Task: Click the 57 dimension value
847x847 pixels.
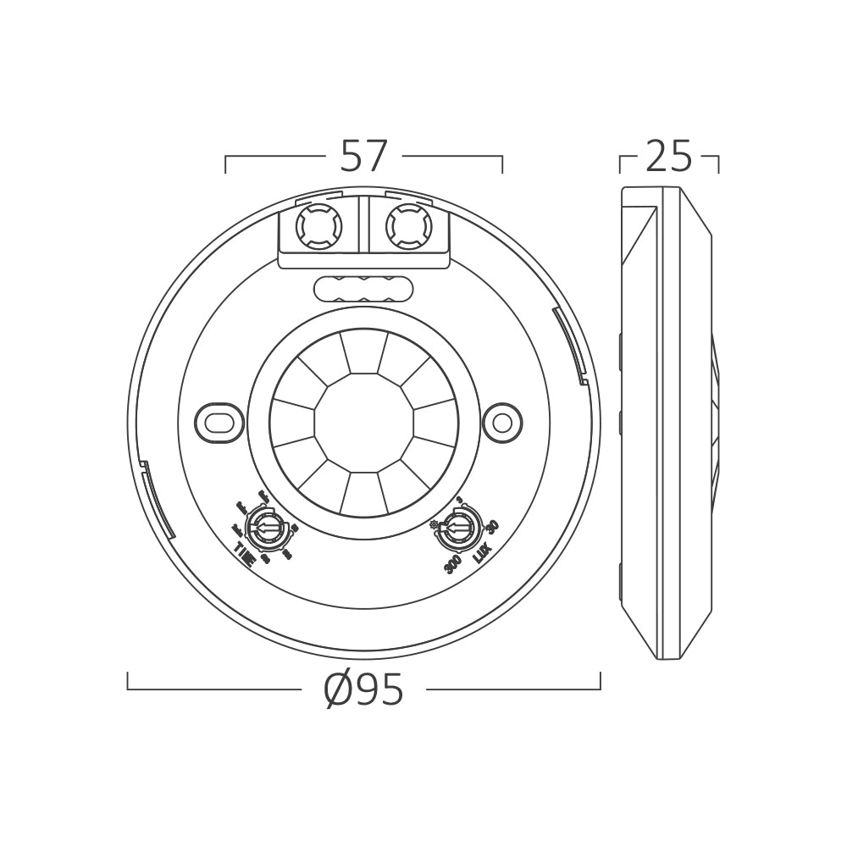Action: (x=364, y=156)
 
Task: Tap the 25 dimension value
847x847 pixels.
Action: (x=669, y=156)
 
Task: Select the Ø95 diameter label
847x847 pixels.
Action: (x=364, y=692)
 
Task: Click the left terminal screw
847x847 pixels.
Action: (x=318, y=227)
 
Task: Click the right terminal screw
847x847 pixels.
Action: (x=409, y=227)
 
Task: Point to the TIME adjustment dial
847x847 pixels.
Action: (x=265, y=530)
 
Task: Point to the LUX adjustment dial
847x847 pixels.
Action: (x=458, y=530)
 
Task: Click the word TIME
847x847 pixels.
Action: (x=245, y=551)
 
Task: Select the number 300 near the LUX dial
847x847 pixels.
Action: (x=452, y=563)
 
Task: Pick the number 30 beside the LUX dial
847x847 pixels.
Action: (x=493, y=526)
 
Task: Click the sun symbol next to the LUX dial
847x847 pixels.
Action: (x=435, y=525)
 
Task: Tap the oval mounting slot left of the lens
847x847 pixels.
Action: (x=219, y=421)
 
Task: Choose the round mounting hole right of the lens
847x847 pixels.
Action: (x=502, y=421)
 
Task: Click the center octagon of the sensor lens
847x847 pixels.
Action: (x=364, y=421)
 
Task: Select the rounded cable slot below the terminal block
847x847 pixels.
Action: (x=364, y=290)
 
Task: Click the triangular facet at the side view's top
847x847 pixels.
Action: (x=640, y=233)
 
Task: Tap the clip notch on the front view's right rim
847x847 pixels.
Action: (x=569, y=343)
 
